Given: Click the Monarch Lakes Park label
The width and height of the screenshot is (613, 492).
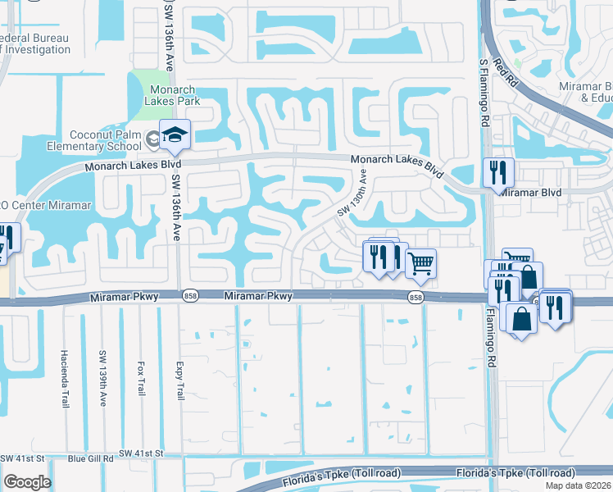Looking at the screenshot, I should click(x=166, y=96).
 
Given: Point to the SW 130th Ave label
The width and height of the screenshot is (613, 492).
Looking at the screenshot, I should click(x=352, y=194).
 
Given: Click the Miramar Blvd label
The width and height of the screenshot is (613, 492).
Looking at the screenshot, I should click(x=530, y=193).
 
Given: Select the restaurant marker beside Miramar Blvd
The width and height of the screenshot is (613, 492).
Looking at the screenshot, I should click(x=498, y=173).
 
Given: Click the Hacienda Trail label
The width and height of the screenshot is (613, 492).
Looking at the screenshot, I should click(x=65, y=379).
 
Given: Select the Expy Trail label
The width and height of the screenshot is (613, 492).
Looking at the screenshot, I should click(x=179, y=382).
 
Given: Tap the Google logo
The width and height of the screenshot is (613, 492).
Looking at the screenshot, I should click(x=27, y=482).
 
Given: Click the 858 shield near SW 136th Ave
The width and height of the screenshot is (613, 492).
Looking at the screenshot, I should click(x=189, y=297).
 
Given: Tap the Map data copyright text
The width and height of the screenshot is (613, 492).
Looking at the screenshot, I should click(x=578, y=485).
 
